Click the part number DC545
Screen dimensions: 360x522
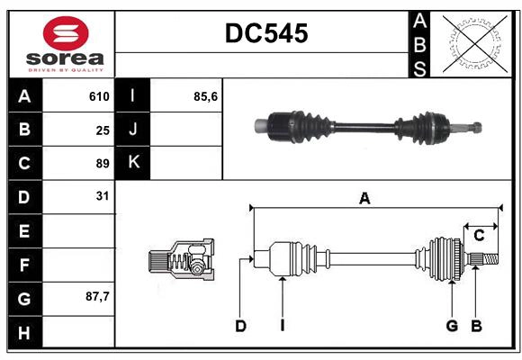click(x=265, y=33)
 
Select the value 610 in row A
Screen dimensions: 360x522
click(x=99, y=96)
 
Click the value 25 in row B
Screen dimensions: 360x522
click(x=103, y=130)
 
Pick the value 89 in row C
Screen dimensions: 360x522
click(x=103, y=164)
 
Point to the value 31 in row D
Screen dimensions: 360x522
click(x=103, y=195)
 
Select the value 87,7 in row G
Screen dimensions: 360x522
click(x=97, y=296)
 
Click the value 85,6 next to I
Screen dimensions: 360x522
click(x=206, y=96)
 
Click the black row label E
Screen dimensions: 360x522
click(x=24, y=231)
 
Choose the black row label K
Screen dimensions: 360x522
click(x=133, y=163)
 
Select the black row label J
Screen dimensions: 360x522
click(x=133, y=130)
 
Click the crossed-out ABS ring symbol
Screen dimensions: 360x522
click(x=470, y=43)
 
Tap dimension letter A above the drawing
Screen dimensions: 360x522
click(x=364, y=199)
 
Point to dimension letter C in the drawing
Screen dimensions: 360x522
click(x=479, y=236)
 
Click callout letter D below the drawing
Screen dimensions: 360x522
click(x=240, y=326)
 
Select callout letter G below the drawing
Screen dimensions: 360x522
click(x=452, y=326)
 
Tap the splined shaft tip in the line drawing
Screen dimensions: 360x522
click(x=485, y=259)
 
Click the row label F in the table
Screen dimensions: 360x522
click(x=24, y=265)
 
